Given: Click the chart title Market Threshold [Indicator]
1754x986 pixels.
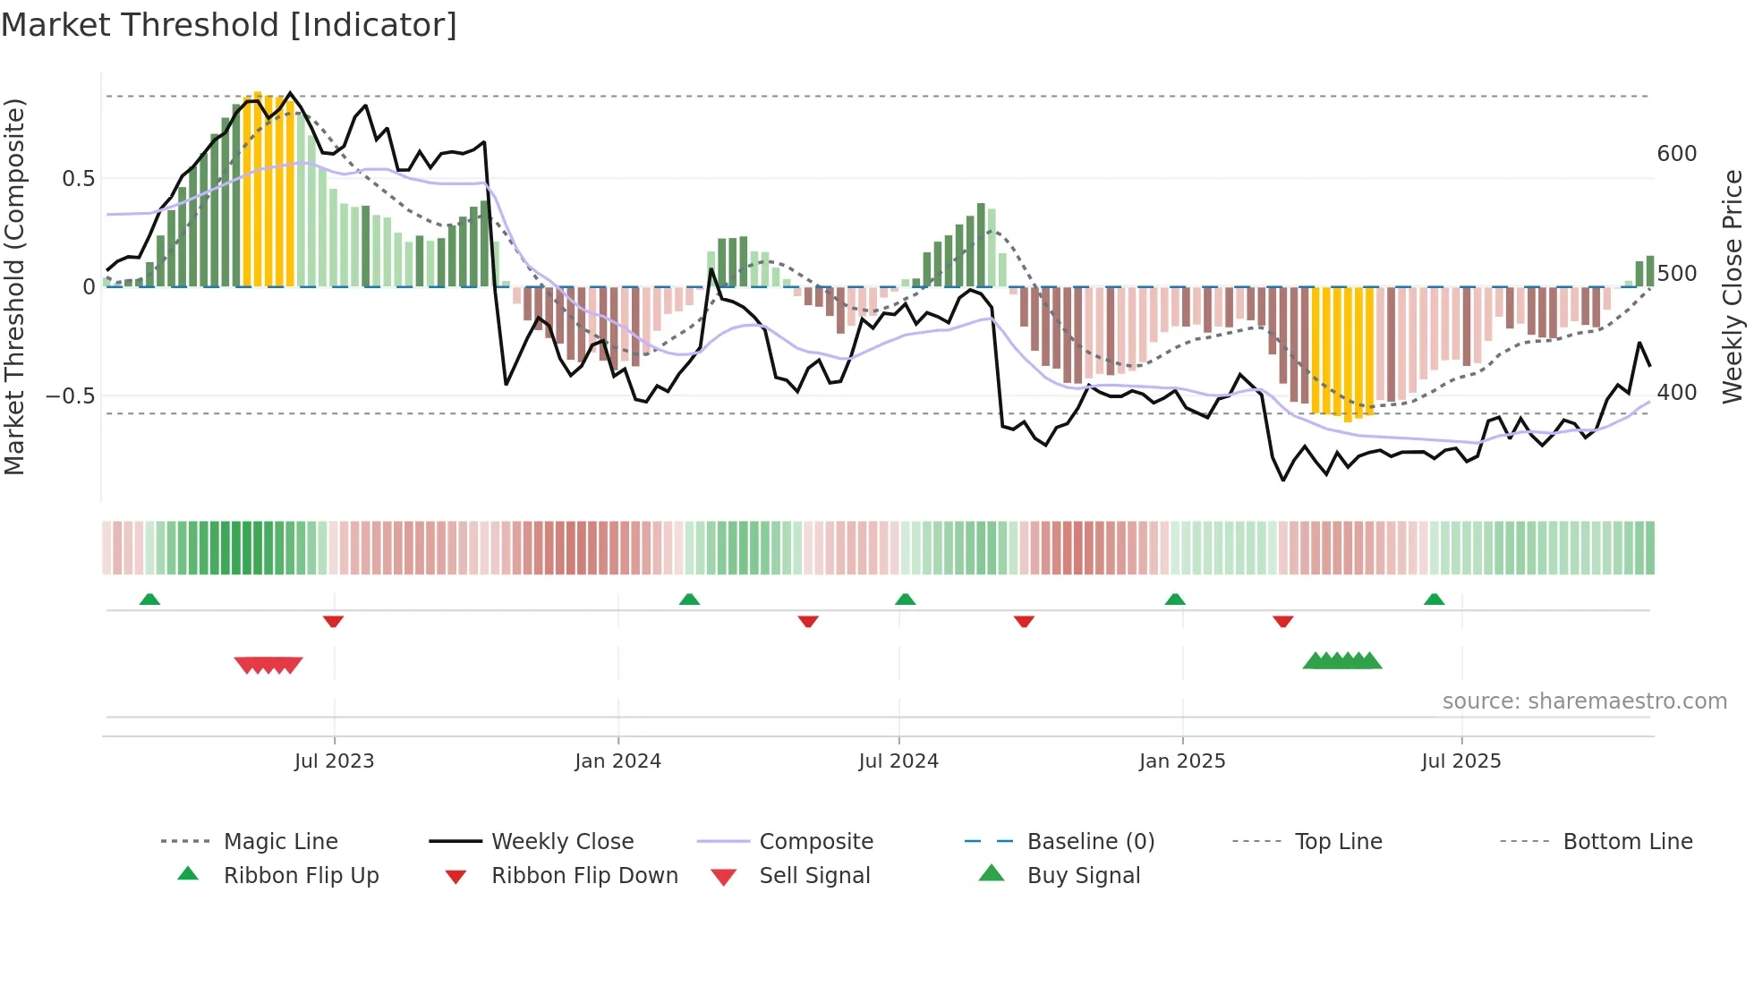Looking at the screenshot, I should [x=229, y=25].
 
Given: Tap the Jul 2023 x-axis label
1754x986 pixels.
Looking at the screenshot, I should [x=334, y=761].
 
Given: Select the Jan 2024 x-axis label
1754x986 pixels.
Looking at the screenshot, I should [x=617, y=761].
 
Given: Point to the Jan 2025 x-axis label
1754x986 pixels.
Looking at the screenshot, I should [x=1181, y=761].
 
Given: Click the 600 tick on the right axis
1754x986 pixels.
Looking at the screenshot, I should [x=1676, y=154].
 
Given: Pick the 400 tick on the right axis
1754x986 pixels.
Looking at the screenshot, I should [x=1676, y=393].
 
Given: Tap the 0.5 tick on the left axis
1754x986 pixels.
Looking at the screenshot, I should [x=78, y=179].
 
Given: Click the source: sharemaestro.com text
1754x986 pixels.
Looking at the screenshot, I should [x=1584, y=701].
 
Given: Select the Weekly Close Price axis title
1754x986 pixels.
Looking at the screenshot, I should [x=1733, y=286].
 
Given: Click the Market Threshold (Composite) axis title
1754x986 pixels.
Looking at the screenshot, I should [x=14, y=286].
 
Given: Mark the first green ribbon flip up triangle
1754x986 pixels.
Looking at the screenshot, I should [x=149, y=599].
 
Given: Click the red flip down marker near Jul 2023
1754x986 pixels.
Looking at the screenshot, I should [x=333, y=621].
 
